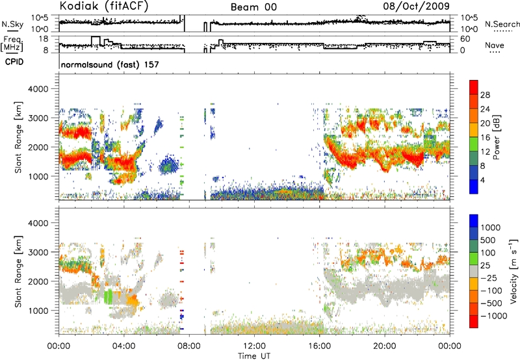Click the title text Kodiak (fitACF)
coord(104,6)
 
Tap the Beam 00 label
coord(253,7)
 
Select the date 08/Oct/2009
coord(416,6)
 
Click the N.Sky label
coord(12,24)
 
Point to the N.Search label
coord(502,24)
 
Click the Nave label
coord(495,45)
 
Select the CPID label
coord(14,62)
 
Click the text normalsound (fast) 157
coord(110,64)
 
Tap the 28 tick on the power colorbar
coord(485,95)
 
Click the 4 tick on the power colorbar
coord(482,181)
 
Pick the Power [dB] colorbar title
coord(496,137)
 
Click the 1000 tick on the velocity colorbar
coord(491,227)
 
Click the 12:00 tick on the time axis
coord(254,346)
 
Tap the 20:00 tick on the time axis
coord(385,346)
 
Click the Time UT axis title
coord(254,355)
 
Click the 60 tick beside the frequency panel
coord(465,39)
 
